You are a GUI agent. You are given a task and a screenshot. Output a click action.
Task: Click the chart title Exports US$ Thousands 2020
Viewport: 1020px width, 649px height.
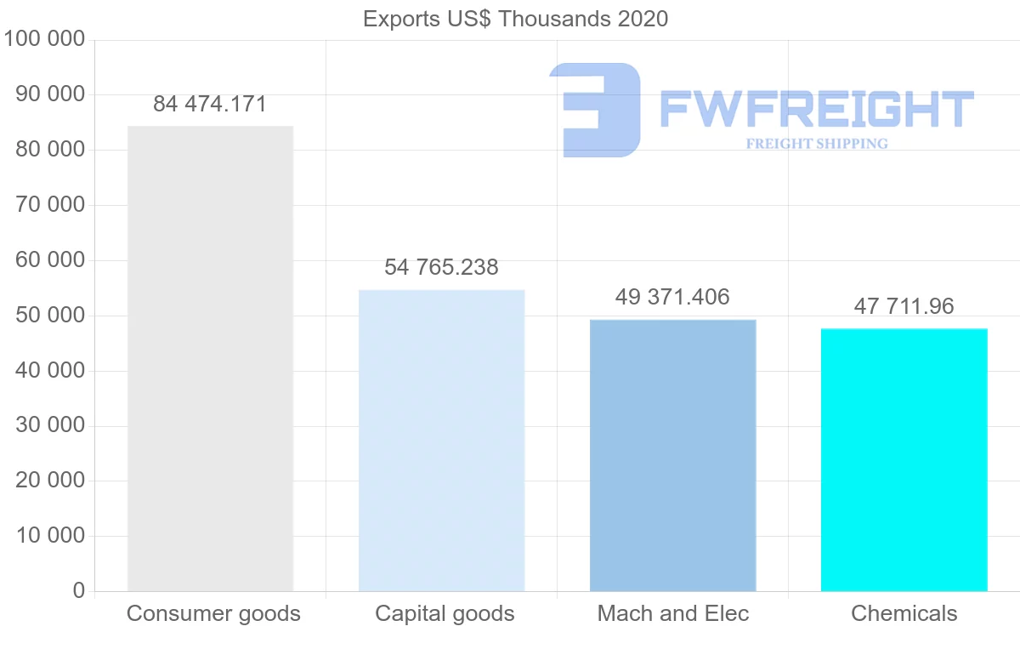(515, 19)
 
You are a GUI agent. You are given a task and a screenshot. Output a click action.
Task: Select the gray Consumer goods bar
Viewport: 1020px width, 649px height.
(210, 358)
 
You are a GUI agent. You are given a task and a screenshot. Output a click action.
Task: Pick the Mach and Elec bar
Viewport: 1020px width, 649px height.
(672, 455)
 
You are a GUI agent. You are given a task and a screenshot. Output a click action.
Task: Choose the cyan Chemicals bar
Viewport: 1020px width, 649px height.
(904, 459)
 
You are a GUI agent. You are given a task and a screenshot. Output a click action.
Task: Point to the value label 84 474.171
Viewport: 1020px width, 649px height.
(210, 105)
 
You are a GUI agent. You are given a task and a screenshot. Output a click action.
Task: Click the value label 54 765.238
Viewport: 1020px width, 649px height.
(441, 267)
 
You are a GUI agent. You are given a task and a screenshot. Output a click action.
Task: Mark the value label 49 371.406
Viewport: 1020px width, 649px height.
(672, 297)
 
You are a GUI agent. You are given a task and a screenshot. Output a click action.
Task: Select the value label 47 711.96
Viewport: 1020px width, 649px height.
(904, 306)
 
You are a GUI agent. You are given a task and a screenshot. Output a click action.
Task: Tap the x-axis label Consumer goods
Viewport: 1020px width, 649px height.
(213, 613)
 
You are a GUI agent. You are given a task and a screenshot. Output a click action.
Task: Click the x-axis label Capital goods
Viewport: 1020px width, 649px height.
(445, 613)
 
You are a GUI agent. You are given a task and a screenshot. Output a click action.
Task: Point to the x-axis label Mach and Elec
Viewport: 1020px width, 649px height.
(673, 613)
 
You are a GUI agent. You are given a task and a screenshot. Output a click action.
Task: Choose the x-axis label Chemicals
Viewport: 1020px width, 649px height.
(904, 613)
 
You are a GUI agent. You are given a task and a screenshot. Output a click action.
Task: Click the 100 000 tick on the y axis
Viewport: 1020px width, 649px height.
(44, 39)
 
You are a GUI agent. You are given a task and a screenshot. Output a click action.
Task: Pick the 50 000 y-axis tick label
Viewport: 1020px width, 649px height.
(50, 315)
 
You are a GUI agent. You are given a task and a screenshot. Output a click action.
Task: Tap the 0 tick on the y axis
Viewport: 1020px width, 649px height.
(79, 590)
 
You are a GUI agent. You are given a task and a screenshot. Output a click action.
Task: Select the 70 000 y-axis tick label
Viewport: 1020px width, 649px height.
(50, 205)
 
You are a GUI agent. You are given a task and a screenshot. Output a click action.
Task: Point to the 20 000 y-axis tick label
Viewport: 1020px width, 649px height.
(50, 481)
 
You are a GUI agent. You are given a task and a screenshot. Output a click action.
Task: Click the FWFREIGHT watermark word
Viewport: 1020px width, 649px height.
(816, 109)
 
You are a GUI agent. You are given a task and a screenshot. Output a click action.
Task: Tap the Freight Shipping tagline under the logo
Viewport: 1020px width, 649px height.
(816, 144)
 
